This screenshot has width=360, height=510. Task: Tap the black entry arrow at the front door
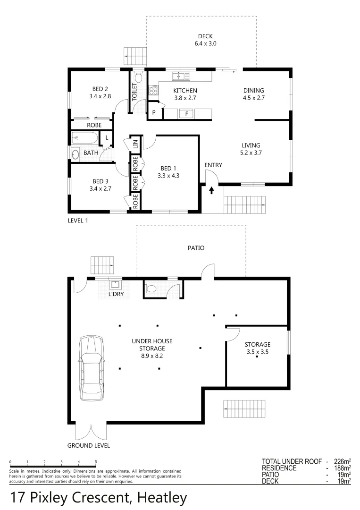tap(211, 190)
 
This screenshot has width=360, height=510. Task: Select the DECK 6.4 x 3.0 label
tap(205, 40)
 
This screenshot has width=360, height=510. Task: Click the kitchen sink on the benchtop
tap(180, 76)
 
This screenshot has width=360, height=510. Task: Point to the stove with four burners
tap(153, 90)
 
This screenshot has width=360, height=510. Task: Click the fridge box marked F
tap(186, 113)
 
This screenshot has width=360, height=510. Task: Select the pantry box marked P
tap(154, 113)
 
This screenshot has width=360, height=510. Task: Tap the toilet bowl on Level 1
tap(138, 77)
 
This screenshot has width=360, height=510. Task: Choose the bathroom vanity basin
tap(75, 154)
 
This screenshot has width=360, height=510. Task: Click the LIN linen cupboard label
tap(135, 144)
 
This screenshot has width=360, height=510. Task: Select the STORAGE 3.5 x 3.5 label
tap(257, 348)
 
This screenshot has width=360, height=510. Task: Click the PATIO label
tap(197, 247)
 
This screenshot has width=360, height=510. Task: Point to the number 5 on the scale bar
tap(96, 462)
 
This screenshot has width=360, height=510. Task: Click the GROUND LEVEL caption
tap(89, 445)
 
